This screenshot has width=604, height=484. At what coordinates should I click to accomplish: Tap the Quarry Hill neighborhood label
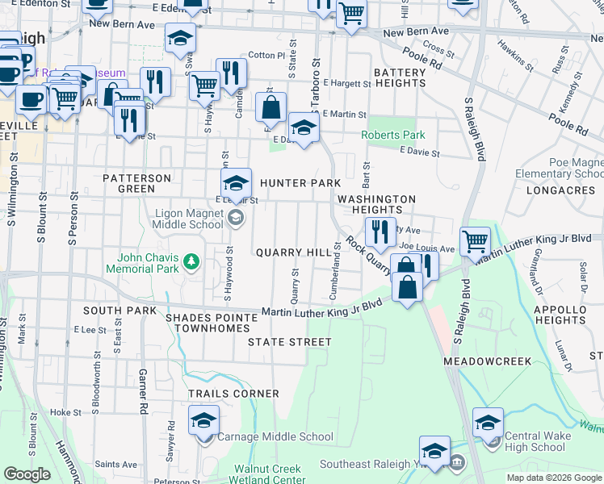(x=294, y=252)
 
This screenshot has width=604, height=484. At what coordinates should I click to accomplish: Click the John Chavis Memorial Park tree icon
(x=191, y=261)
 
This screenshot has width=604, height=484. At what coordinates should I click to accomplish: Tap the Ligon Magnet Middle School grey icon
(x=235, y=216)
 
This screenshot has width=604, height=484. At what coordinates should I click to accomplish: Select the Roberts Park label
(x=392, y=135)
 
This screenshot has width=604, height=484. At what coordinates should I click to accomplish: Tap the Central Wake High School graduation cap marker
(x=488, y=423)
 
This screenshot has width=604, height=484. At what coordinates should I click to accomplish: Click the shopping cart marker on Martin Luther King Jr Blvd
(x=475, y=240)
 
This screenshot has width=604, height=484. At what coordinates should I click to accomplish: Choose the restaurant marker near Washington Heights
(x=380, y=232)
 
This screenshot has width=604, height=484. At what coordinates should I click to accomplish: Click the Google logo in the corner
(x=27, y=474)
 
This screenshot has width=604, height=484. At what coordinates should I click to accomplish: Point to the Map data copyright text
(x=554, y=478)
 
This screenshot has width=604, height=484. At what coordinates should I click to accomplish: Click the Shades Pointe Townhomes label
(x=212, y=323)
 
